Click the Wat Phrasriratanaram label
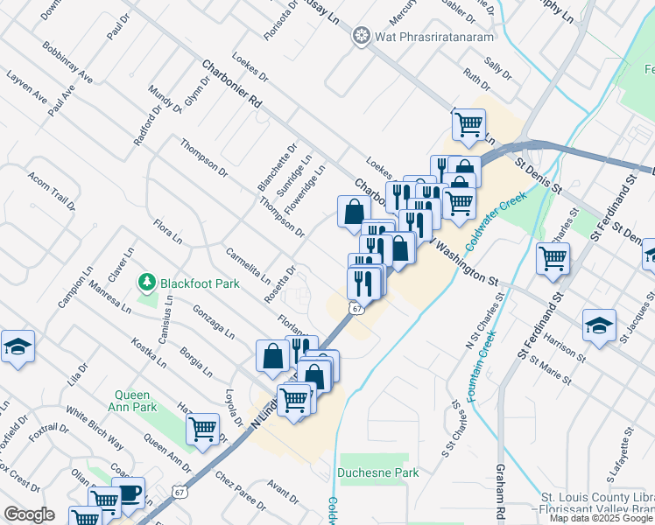(434, 36)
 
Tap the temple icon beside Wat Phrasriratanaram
(360, 36)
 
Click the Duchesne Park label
(377, 472)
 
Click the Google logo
(30, 514)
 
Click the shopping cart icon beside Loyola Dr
(203, 430)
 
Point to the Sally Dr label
(497, 63)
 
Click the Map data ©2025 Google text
(601, 518)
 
